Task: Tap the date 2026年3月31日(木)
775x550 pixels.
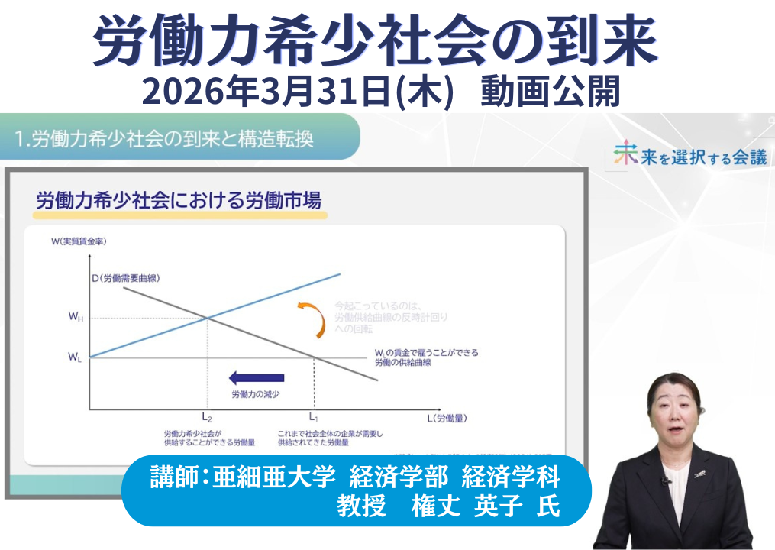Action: (305, 92)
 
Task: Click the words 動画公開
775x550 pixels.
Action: (550, 92)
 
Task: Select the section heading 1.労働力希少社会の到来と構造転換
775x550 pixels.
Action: (164, 139)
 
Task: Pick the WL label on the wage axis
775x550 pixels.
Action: (75, 357)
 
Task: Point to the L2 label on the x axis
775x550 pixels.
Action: (207, 417)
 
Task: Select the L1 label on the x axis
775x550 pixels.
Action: (314, 417)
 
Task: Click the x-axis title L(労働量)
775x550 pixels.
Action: (447, 418)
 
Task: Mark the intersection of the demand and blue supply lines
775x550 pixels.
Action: (208, 318)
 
